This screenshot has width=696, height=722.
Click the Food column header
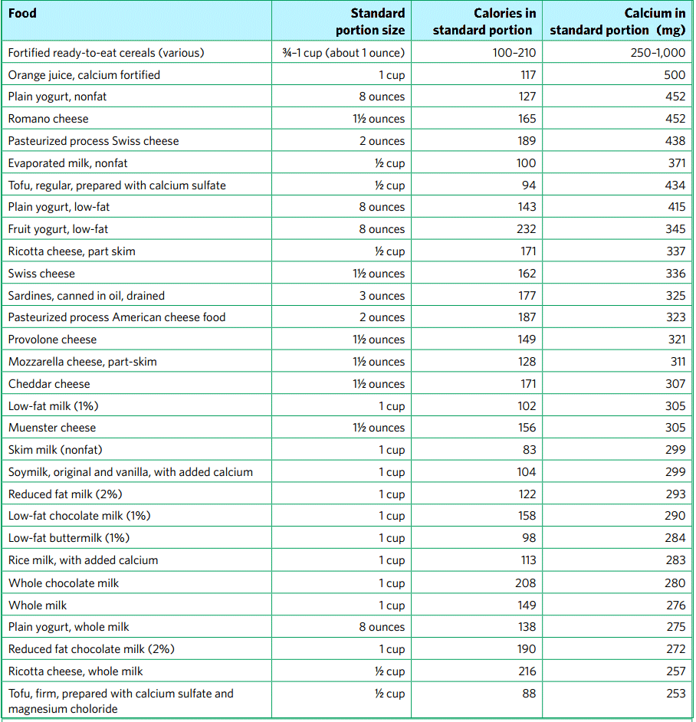[22, 13]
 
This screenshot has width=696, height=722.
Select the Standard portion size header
[370, 21]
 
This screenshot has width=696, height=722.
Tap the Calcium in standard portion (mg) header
[618, 21]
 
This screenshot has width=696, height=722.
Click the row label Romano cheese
[48, 119]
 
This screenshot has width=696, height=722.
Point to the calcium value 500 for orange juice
[675, 75]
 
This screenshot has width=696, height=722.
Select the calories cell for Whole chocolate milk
[525, 583]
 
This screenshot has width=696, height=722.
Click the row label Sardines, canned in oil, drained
[87, 296]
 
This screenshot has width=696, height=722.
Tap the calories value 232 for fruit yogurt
[526, 229]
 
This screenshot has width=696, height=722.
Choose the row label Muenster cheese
[52, 428]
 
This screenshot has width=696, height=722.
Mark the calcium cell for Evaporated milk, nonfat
[675, 163]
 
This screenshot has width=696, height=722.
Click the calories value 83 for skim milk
[529, 450]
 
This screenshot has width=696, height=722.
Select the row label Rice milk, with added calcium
[84, 560]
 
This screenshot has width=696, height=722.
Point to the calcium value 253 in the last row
[675, 694]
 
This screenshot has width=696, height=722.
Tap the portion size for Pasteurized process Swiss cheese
[382, 141]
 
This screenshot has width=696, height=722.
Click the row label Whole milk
[38, 605]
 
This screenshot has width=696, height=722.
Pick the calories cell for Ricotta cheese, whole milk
[526, 671]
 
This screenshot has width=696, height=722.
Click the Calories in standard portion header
[483, 21]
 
